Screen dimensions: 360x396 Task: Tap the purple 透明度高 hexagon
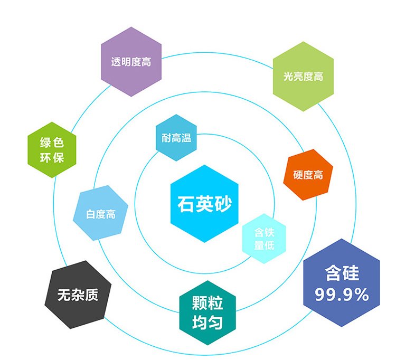pyautogui.click(x=131, y=62)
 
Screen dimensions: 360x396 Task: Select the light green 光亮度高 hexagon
pyautogui.click(x=303, y=77)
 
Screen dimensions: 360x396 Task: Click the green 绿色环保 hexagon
pyautogui.click(x=52, y=150)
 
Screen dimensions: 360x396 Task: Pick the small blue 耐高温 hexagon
pyautogui.click(x=176, y=138)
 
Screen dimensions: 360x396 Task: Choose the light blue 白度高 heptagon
pyautogui.click(x=100, y=213)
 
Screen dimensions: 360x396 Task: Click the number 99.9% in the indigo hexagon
pyautogui.click(x=342, y=295)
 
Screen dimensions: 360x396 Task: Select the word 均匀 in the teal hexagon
pyautogui.click(x=208, y=321)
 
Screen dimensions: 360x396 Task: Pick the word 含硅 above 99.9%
pyautogui.click(x=342, y=273)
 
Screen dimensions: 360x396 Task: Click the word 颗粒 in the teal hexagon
pyautogui.click(x=208, y=303)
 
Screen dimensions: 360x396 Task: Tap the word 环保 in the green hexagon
pyautogui.click(x=52, y=157)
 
